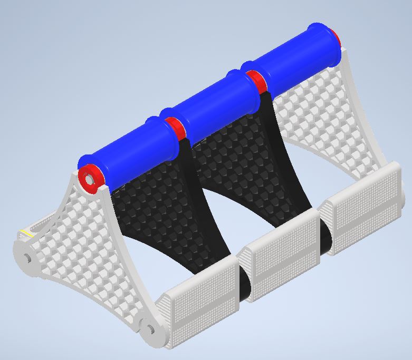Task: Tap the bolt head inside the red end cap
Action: click(x=89, y=179)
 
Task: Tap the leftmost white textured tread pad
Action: click(x=198, y=303)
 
